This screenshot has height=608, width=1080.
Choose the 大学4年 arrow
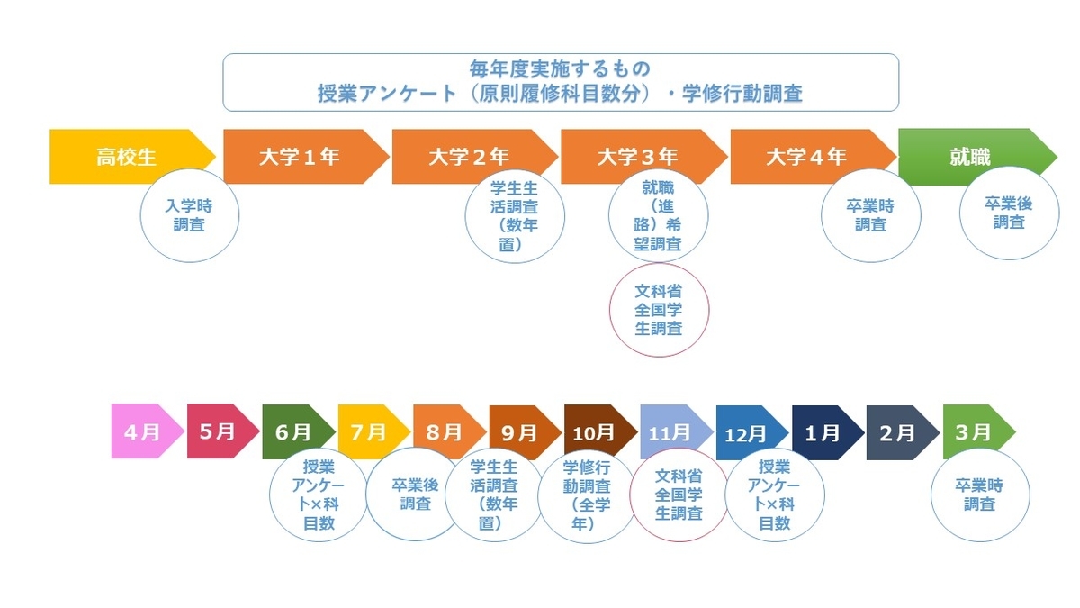814,157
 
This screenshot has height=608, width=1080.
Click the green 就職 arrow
977,157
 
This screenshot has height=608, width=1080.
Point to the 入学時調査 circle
190,215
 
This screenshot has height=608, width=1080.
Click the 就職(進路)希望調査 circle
659,215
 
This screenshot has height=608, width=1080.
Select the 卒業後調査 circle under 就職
1009,213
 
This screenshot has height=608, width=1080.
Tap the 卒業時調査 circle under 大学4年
871,215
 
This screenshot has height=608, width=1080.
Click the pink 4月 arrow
148,431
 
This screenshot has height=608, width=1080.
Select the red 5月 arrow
223,431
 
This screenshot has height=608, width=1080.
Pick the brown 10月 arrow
601,431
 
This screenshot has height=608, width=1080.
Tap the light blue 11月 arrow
677,431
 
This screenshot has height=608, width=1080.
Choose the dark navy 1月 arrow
828,432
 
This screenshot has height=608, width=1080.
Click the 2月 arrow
903,432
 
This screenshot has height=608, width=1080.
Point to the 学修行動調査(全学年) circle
587,495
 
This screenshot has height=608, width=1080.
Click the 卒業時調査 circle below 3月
980,495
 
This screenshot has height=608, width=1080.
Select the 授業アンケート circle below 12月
775,495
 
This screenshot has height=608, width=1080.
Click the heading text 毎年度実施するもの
560,69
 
